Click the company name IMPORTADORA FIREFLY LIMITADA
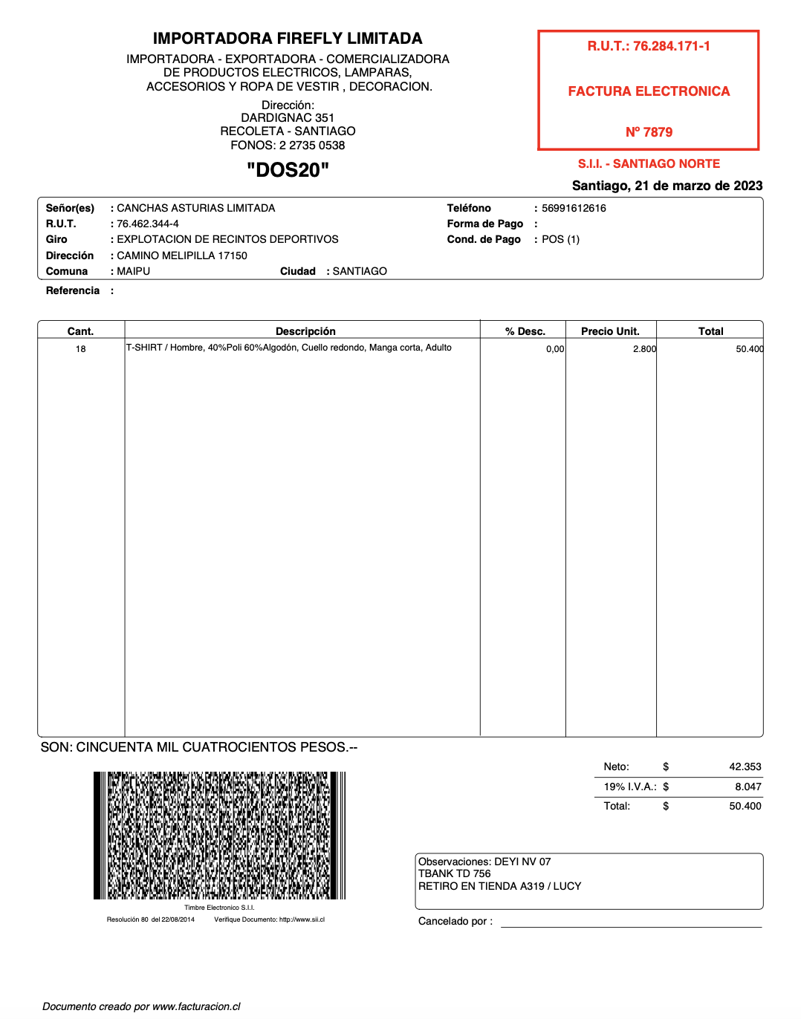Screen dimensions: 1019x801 click(288, 39)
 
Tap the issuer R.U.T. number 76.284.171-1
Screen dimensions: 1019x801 click(671, 46)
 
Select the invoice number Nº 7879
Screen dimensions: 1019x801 click(649, 132)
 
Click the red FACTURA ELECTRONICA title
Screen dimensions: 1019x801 click(649, 91)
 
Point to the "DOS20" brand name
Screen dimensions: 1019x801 click(288, 170)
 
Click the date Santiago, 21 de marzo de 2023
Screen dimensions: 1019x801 click(667, 186)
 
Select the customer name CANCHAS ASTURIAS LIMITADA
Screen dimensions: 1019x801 click(196, 208)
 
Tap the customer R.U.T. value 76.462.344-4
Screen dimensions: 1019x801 click(148, 224)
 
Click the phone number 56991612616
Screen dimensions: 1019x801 click(574, 208)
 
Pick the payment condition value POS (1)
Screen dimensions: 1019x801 click(560, 239)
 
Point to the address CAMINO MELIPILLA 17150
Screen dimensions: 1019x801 click(182, 255)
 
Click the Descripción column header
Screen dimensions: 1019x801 click(305, 331)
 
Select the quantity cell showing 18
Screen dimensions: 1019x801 click(80, 349)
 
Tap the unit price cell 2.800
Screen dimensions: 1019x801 click(644, 349)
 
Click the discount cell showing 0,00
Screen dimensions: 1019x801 click(555, 349)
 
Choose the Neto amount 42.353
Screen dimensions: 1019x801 click(745, 766)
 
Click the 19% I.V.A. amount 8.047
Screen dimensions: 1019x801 click(748, 787)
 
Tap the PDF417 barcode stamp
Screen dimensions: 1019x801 click(219, 836)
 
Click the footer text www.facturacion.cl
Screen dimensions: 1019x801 click(196, 1006)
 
